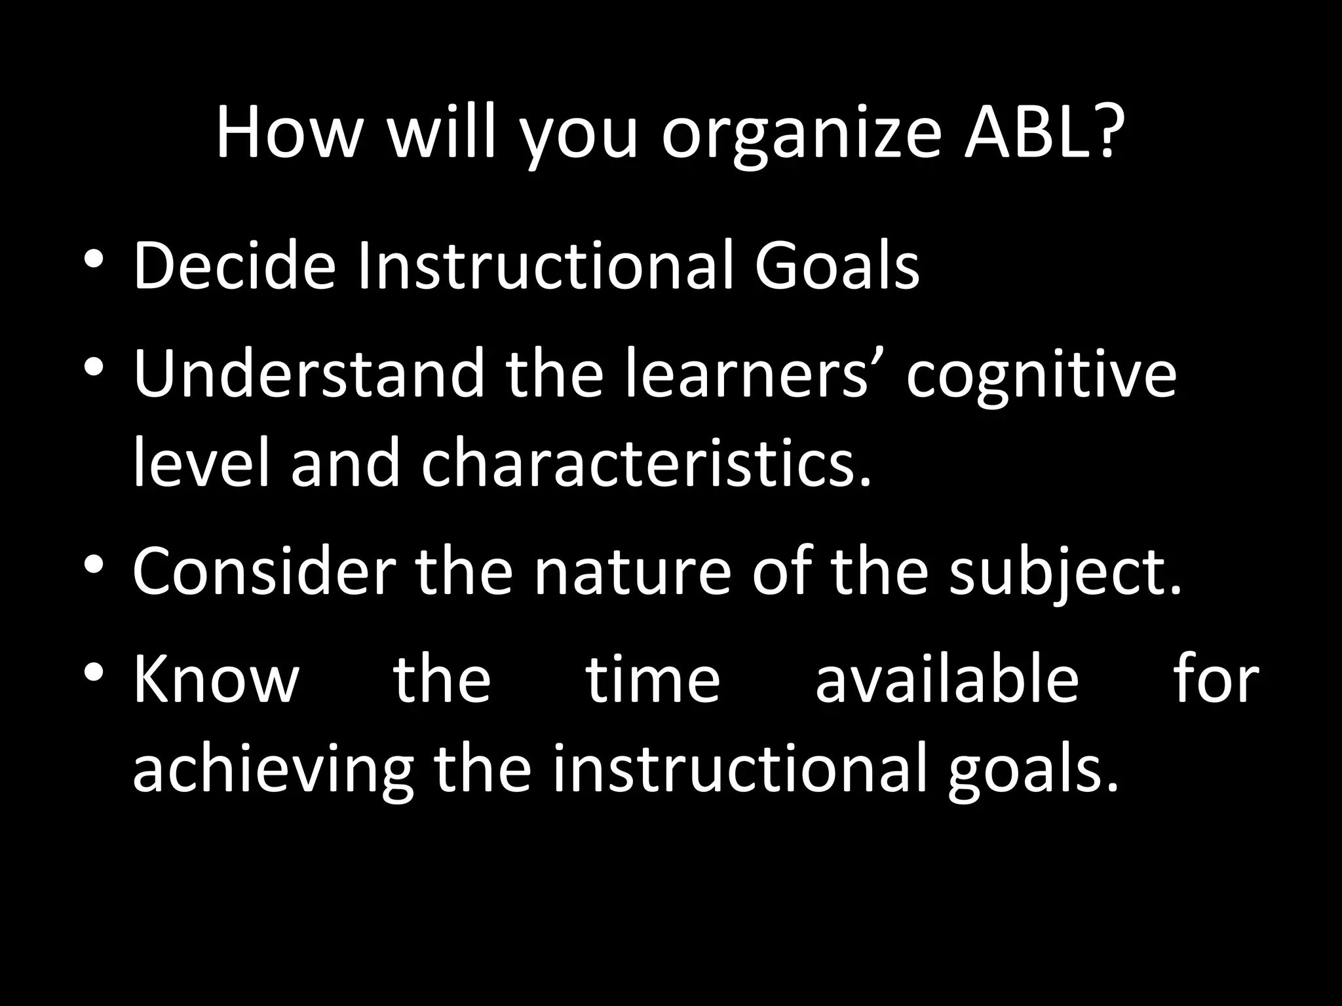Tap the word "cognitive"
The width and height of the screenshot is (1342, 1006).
[1041, 377]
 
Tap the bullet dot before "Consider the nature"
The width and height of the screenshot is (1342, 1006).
[93, 564]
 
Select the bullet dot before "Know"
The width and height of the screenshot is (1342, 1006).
[93, 671]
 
